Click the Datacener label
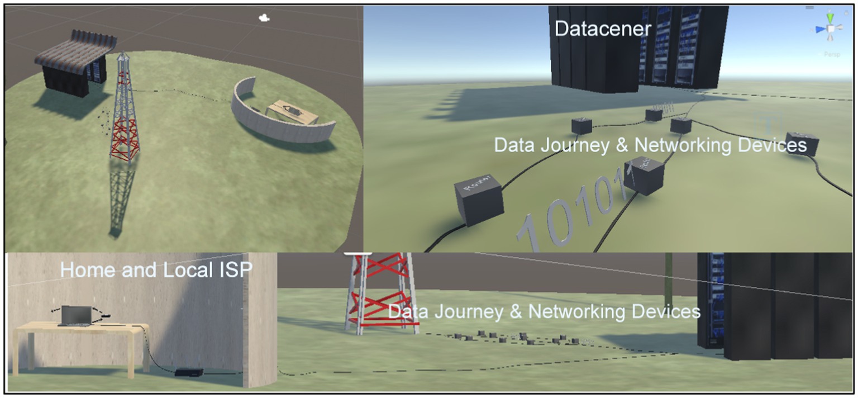pos(603,29)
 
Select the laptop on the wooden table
pos(75,316)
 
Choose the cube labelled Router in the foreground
pos(479,198)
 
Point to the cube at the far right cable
pos(802,144)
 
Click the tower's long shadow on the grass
pos(121,196)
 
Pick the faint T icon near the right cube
pos(766,125)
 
